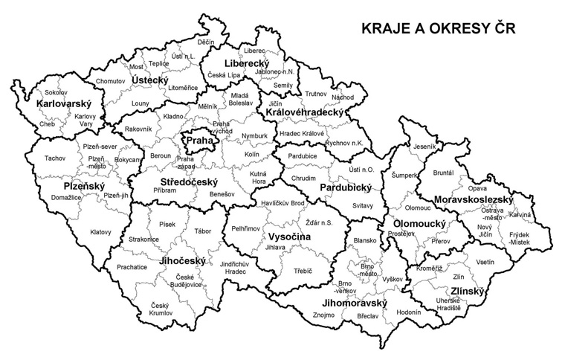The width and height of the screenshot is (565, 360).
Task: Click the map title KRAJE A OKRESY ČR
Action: click(x=439, y=29)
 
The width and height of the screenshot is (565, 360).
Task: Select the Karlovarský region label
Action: click(x=62, y=103)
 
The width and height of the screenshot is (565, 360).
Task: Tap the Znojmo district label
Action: click(x=324, y=315)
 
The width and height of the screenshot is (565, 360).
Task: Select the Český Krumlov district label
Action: click(x=160, y=309)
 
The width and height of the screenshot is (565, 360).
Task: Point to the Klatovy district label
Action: click(x=100, y=232)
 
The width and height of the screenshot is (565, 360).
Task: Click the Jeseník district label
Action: click(x=424, y=147)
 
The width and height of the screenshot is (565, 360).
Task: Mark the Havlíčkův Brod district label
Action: click(x=282, y=203)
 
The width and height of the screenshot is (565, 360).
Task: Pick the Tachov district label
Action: click(x=54, y=158)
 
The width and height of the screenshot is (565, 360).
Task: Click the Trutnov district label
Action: click(x=316, y=94)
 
